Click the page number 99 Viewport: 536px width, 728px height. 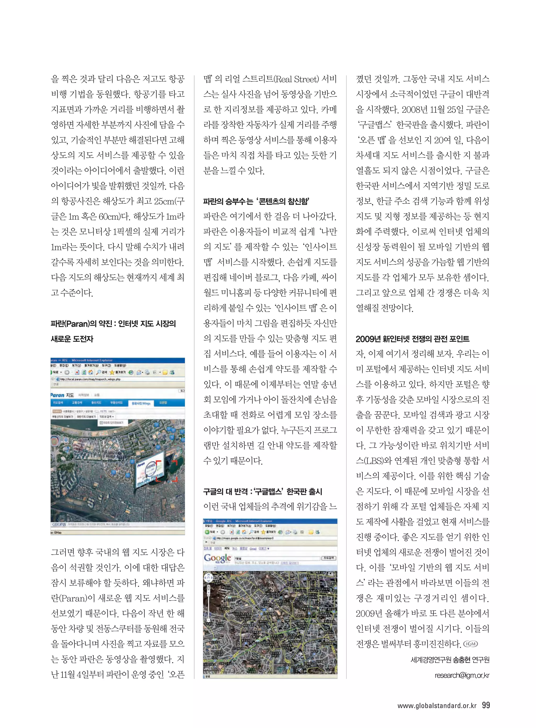pyautogui.click(x=486, y=705)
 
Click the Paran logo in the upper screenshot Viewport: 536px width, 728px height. pyautogui.click(x=57, y=395)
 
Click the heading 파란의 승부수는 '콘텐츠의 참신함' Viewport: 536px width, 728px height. pyautogui.click(x=256, y=201)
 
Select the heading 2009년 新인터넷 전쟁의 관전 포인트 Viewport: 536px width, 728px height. pyautogui.click(x=412, y=339)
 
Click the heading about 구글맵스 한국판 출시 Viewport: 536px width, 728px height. pyautogui.click(x=263, y=492)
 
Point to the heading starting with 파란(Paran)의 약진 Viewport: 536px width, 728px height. pyautogui.click(x=113, y=324)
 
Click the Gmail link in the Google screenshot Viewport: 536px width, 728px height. pyautogui.click(x=253, y=548)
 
